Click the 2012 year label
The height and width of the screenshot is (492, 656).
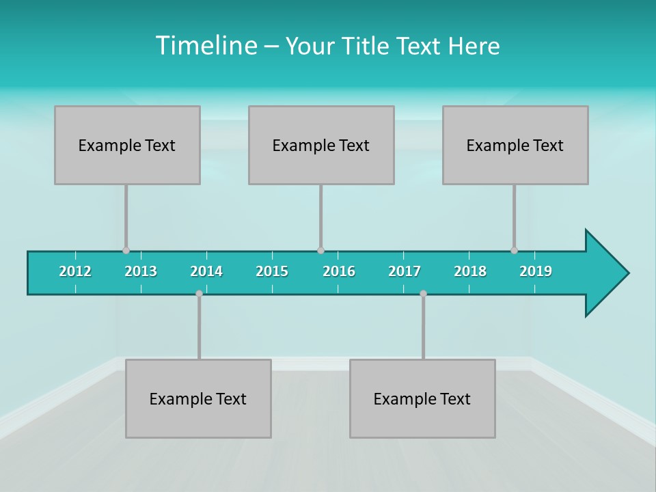tap(75, 271)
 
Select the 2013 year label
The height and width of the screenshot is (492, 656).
tap(141, 271)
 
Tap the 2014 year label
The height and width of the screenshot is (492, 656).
tap(206, 271)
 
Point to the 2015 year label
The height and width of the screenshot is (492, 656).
tap(272, 271)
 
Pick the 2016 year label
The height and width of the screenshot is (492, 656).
tap(339, 271)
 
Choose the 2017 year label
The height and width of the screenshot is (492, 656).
tap(405, 271)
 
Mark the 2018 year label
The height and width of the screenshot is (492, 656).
tap(470, 271)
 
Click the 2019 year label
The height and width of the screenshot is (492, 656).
tap(536, 271)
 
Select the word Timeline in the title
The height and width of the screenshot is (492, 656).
tap(206, 46)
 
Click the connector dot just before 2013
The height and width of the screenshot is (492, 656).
tap(126, 250)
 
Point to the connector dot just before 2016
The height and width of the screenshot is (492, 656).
tap(320, 250)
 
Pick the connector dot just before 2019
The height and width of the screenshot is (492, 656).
tap(514, 250)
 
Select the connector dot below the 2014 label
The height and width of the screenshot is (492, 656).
tap(199, 293)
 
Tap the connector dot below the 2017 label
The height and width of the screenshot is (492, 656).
tap(423, 293)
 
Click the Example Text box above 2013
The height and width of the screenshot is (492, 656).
tap(127, 145)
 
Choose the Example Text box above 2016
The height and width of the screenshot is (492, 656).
tap(321, 145)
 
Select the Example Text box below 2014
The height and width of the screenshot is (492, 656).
tap(198, 398)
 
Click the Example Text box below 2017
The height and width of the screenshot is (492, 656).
tap(422, 398)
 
